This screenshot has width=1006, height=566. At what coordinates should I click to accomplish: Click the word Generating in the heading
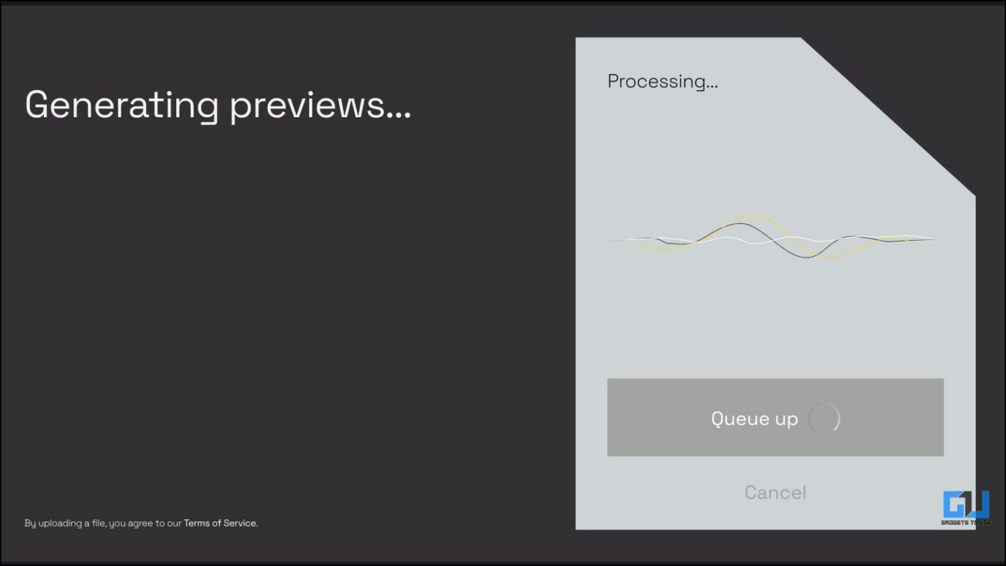122,106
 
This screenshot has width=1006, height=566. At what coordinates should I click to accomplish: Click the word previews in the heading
307,106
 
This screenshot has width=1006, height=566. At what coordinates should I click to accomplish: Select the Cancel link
775,493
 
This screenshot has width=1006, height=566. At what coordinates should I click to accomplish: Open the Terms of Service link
220,523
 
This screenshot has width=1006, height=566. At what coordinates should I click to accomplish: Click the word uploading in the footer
60,523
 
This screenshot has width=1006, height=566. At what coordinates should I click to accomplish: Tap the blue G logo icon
966,504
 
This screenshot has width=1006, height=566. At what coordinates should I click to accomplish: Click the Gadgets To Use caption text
966,522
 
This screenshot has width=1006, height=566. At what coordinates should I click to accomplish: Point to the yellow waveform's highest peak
753,216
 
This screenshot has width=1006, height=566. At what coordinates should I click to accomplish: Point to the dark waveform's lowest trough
806,257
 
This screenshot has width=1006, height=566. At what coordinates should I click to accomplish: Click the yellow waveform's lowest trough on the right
831,258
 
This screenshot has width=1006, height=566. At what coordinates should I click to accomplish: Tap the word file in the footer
98,523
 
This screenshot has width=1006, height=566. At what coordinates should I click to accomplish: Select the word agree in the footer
141,524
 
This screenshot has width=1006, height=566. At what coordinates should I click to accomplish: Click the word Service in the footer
240,523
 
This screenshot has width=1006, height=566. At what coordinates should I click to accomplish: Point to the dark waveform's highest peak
739,223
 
